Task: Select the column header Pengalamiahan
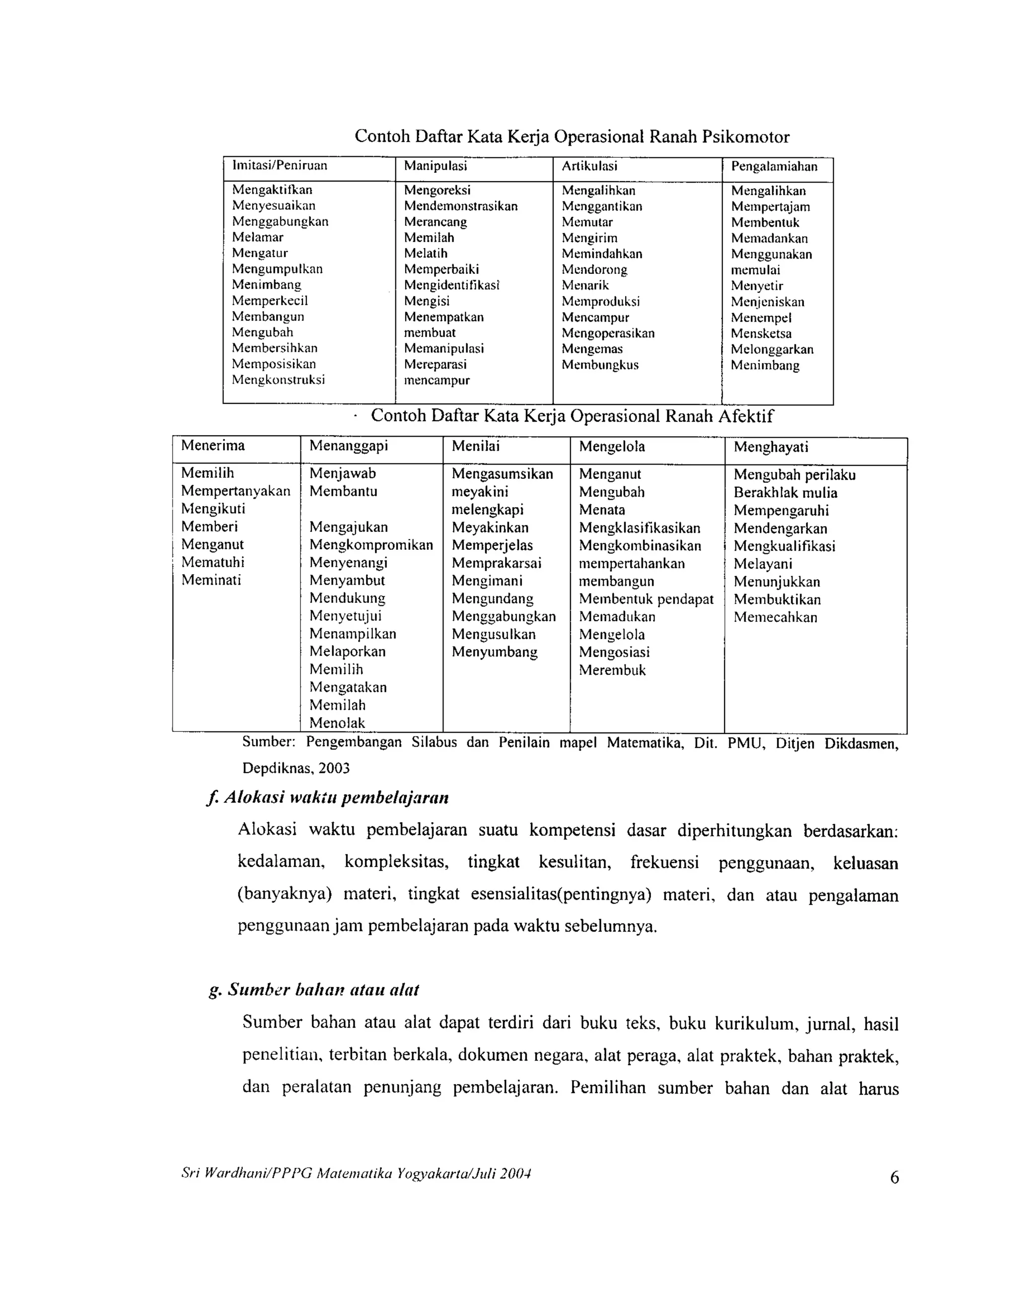[x=774, y=166]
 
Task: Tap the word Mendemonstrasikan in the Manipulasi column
[x=460, y=206]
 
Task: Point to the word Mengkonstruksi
[x=279, y=379]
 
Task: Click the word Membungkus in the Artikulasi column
[x=599, y=364]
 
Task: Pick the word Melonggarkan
[x=772, y=349]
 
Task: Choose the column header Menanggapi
[x=348, y=446]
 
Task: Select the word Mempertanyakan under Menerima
[x=235, y=491]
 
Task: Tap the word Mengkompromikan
[x=370, y=545]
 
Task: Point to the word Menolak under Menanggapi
[x=337, y=723]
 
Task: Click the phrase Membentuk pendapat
[x=646, y=599]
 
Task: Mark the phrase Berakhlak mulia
[x=785, y=493]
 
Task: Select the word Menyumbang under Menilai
[x=494, y=652]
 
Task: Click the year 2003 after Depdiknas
[x=334, y=768]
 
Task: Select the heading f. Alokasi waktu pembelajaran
[x=327, y=798]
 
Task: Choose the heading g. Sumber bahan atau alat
[x=313, y=990]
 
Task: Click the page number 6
[x=894, y=1177]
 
